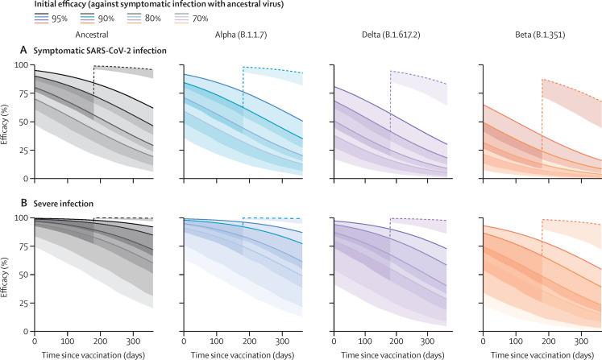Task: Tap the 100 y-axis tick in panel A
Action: tap(21, 64)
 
